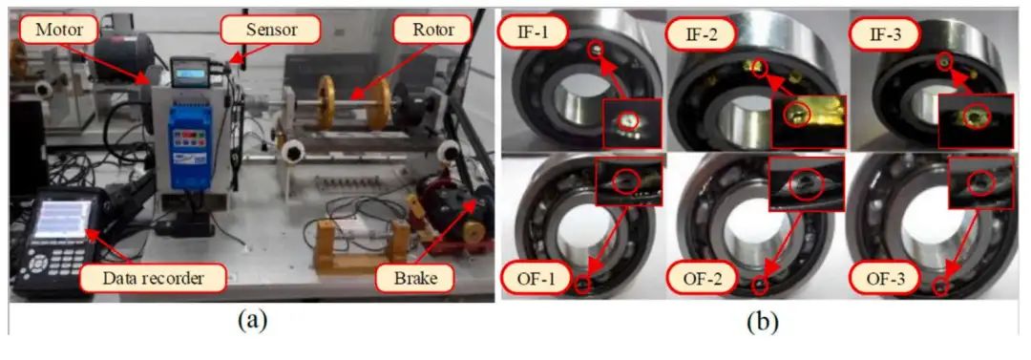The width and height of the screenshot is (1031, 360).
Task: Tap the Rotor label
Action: pyautogui.click(x=431, y=30)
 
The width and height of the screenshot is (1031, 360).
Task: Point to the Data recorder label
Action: pyautogui.click(x=153, y=278)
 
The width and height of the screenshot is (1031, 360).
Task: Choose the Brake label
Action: pyautogui.click(x=415, y=278)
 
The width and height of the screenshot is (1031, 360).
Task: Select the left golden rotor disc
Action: pyautogui.click(x=326, y=103)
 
